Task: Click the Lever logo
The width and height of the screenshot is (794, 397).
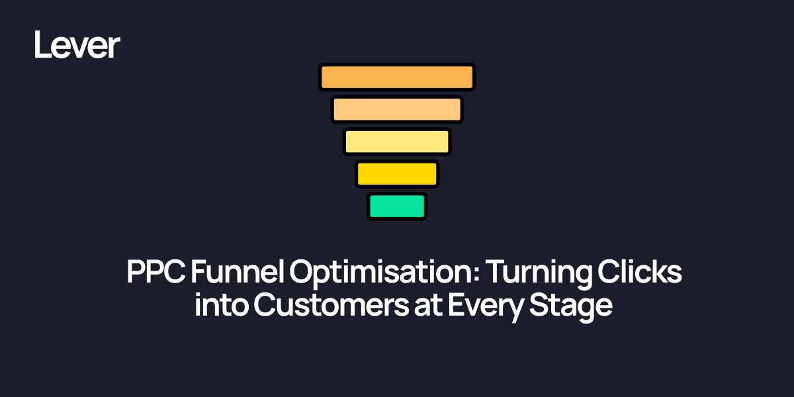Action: (x=77, y=45)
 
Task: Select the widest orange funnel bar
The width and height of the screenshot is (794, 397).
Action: (x=397, y=77)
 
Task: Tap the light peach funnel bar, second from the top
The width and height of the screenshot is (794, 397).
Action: (x=397, y=109)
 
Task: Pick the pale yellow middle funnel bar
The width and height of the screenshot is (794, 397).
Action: (x=397, y=142)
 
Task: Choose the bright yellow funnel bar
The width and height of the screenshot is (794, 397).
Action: (x=397, y=174)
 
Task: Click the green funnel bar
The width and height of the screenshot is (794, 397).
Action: (x=397, y=206)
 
